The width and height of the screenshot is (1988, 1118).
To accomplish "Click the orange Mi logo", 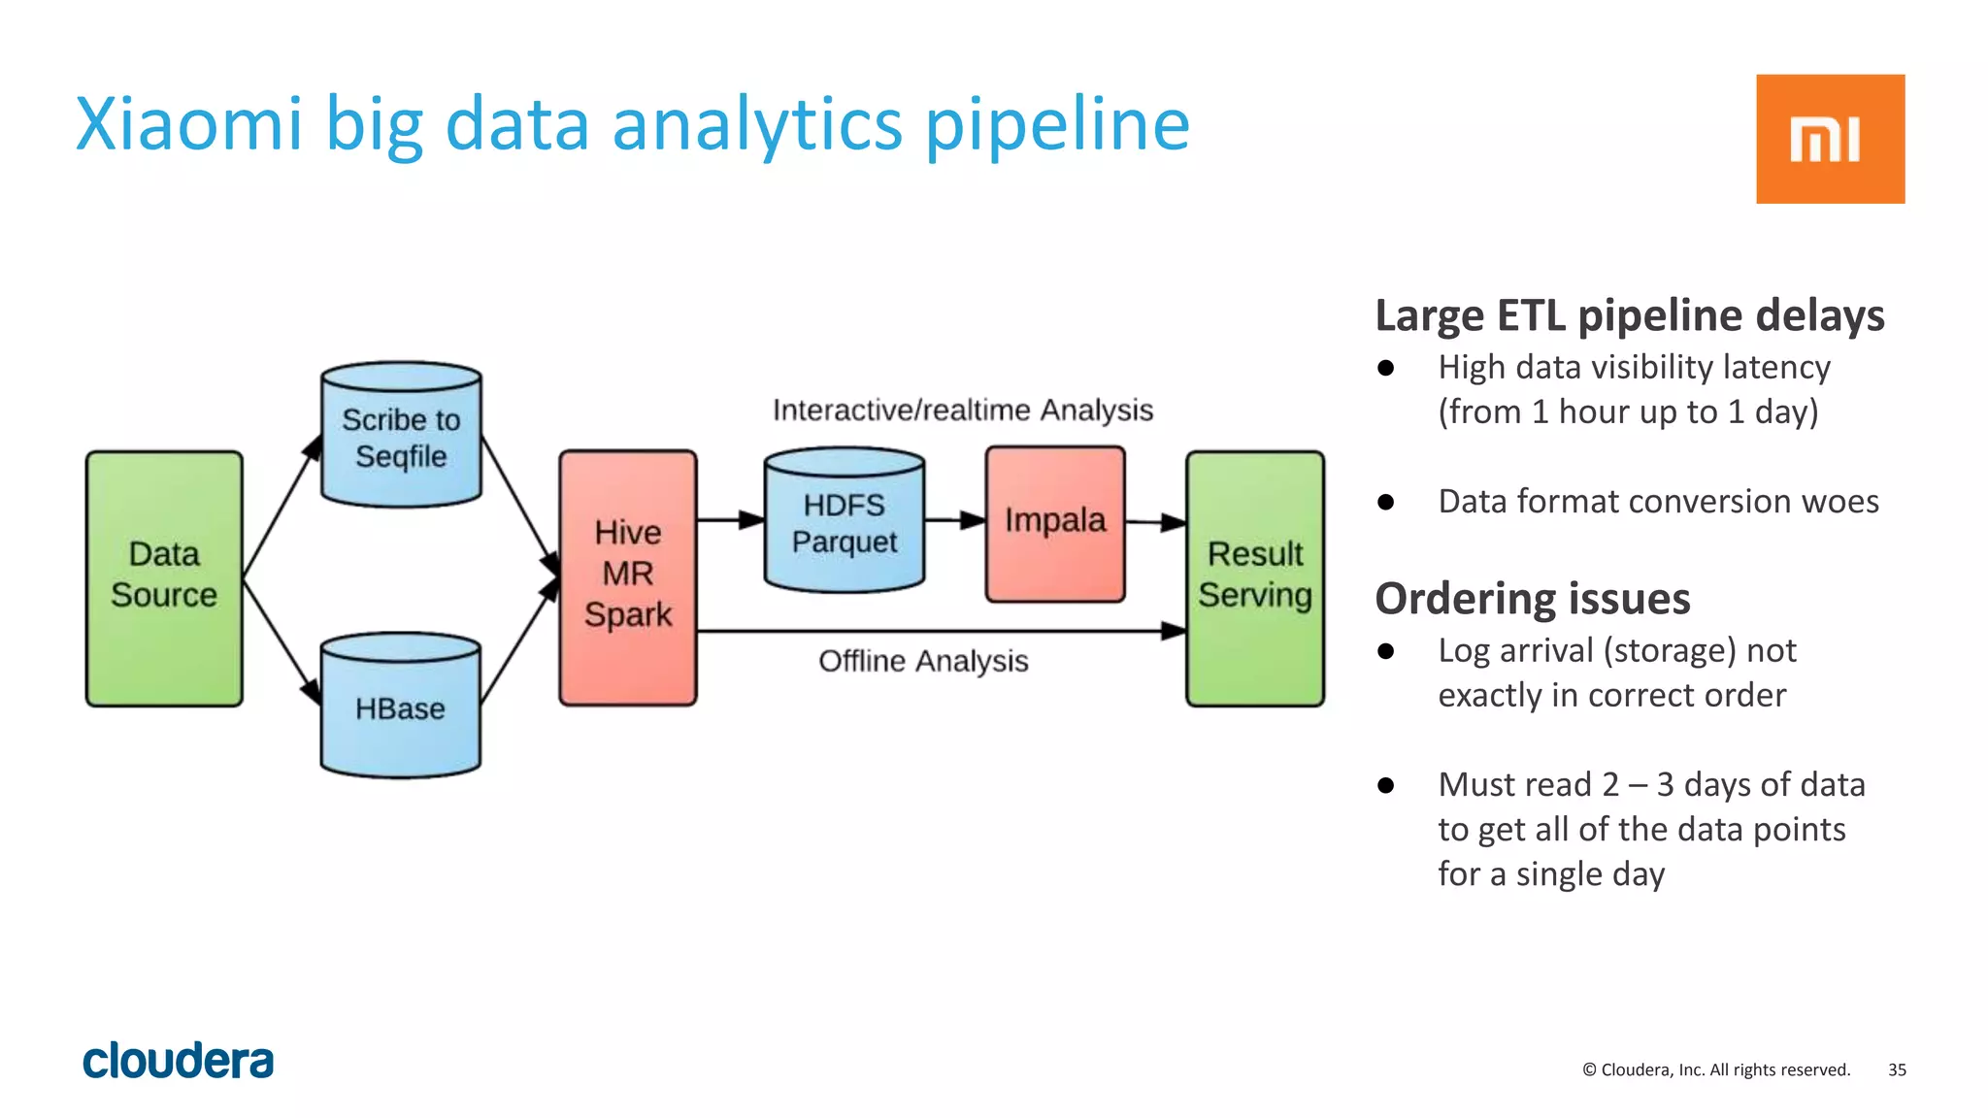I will point(1830,139).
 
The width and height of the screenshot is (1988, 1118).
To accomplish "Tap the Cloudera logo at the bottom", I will point(178,1061).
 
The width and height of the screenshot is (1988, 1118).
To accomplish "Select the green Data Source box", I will point(164,578).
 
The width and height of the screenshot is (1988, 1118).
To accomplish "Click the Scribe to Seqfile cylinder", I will point(401,437).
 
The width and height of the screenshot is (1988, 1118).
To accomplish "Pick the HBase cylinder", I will point(400,707).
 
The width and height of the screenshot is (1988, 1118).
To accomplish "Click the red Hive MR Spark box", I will point(628,576).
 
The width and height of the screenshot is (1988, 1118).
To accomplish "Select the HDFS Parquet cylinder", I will point(844,522).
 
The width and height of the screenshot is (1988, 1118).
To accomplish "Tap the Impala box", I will point(1055,522).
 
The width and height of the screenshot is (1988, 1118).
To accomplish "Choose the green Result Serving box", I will point(1254,578).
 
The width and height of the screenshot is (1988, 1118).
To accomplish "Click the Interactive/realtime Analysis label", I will point(962,410).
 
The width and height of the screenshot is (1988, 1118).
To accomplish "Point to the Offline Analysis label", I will point(923,661).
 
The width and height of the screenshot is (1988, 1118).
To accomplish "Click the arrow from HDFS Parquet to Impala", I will point(955,520).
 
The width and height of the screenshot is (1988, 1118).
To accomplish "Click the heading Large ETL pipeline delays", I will point(1629,316).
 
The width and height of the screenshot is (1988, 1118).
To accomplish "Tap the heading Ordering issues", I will point(1532,598).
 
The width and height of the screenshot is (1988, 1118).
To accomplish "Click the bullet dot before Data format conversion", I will point(1386,502).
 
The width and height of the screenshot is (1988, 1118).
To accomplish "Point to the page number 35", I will point(1897,1069).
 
